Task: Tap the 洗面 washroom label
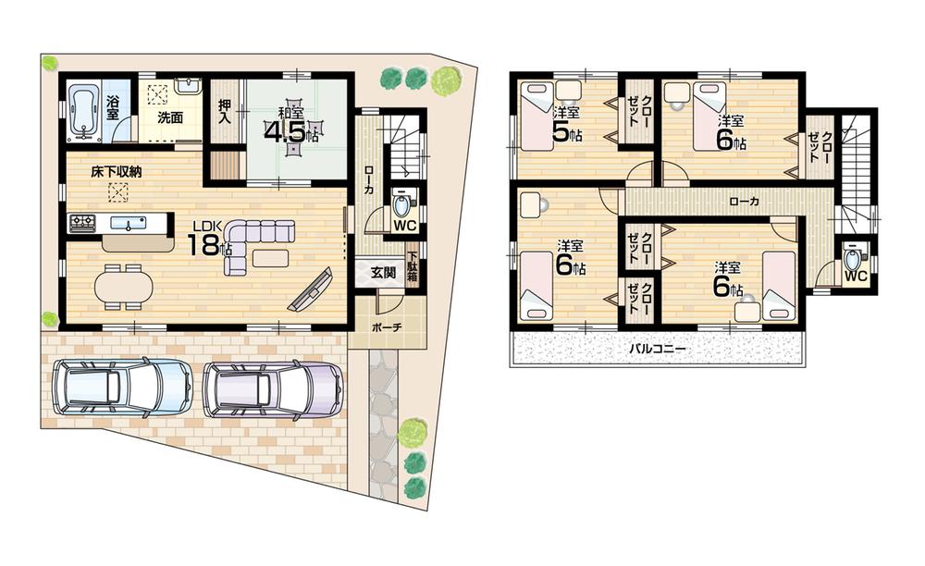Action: coord(169,117)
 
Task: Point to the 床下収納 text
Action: coord(117,173)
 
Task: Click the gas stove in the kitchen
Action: coord(83,222)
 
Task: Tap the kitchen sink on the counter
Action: coord(125,222)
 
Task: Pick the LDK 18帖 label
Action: coord(207,240)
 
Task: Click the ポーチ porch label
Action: coord(386,327)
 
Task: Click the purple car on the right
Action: coord(273,388)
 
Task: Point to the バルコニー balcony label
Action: coord(659,349)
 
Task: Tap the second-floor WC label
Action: coord(855,276)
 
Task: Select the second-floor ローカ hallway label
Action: coord(741,200)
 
